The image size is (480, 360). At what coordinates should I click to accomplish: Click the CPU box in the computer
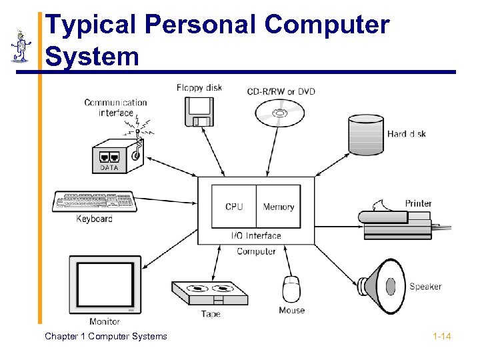click(234, 207)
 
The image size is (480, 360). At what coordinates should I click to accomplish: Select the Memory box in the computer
click(278, 207)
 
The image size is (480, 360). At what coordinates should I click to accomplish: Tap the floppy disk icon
click(199, 111)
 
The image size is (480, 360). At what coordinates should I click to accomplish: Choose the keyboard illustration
click(94, 201)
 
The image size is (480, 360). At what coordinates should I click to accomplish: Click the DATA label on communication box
click(109, 168)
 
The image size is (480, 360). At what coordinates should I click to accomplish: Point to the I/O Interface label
click(256, 235)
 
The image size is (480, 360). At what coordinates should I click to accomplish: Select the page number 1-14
click(441, 337)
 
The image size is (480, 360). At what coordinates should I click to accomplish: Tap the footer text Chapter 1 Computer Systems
click(106, 337)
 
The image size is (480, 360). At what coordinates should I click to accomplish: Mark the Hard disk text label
click(406, 134)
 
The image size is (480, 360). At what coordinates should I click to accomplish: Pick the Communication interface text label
click(115, 107)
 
